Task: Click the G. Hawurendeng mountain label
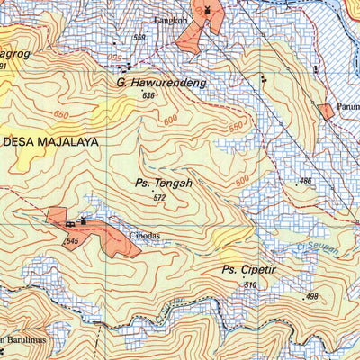tap(162, 83)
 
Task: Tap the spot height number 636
tap(148, 96)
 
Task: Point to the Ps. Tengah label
tap(163, 184)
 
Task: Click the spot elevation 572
tap(159, 198)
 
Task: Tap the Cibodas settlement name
tap(144, 236)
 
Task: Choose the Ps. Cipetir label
tap(248, 269)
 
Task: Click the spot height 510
tap(249, 285)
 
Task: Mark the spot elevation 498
tap(311, 297)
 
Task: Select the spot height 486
tap(305, 182)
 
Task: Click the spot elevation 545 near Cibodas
tap(73, 241)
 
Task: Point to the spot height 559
tap(139, 38)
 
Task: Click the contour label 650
tap(60, 114)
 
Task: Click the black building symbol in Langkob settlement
tap(208, 10)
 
